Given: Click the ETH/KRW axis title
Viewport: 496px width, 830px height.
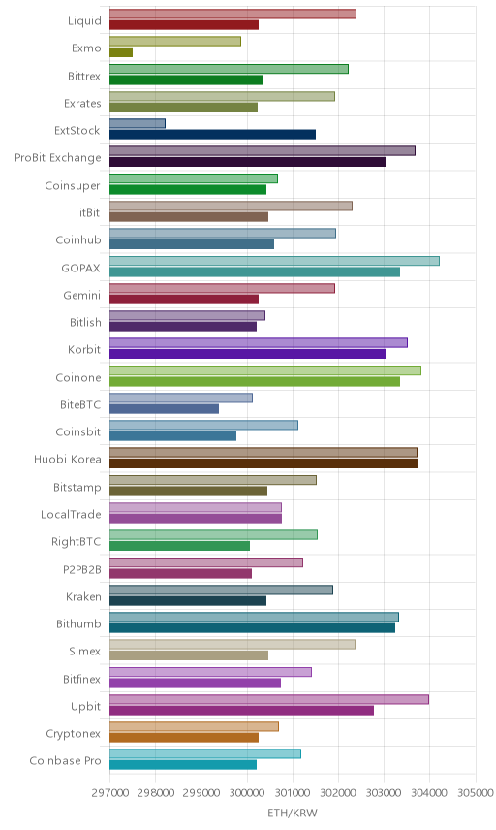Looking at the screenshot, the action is (293, 813).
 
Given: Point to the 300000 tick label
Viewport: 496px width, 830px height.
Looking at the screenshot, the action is (247, 793).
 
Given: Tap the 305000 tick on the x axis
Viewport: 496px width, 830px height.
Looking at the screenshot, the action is (476, 793).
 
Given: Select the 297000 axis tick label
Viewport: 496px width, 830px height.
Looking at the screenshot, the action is (110, 793).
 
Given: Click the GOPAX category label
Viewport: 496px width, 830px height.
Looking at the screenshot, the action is (80, 268).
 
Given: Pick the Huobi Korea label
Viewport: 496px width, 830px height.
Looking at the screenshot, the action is (67, 459).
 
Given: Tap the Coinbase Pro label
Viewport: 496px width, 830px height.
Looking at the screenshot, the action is (65, 760).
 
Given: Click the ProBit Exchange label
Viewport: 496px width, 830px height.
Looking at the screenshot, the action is (57, 158).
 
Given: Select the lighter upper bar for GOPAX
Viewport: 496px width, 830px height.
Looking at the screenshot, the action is (274, 261).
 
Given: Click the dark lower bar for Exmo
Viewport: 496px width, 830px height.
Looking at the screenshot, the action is (121, 52).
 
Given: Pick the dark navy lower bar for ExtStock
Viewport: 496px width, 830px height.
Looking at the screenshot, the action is (212, 135).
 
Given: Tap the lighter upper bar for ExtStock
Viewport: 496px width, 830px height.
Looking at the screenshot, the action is (138, 123).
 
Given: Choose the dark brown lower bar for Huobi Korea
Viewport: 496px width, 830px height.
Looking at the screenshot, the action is (263, 463).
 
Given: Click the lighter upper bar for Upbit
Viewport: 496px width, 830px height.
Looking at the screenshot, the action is (269, 699).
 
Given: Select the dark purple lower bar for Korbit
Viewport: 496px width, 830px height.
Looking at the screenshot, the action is (247, 354).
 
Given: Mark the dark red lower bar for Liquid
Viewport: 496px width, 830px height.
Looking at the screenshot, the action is (184, 25).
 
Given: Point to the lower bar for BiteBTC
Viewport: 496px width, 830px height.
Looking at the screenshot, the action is (165, 408).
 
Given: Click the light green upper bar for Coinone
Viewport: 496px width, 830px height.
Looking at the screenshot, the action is (265, 370).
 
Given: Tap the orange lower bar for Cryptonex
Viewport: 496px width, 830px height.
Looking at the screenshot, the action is (184, 737).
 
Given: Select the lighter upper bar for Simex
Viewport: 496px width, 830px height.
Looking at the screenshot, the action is (232, 644).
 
